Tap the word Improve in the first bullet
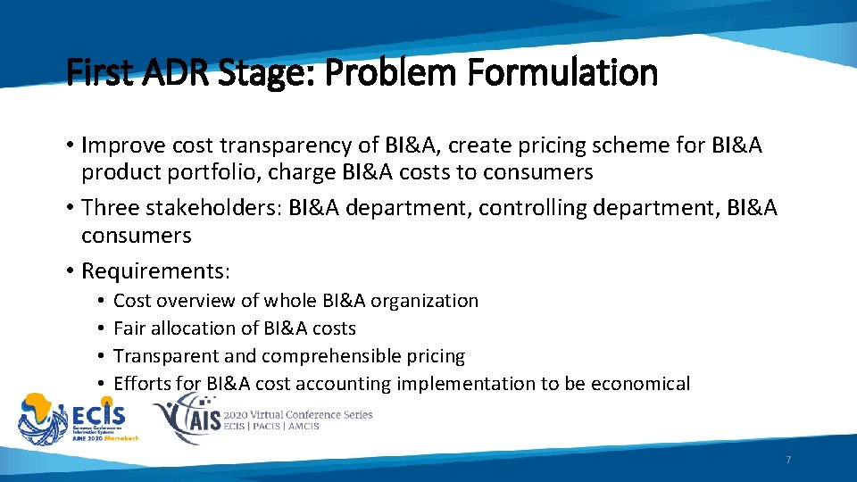[120, 145]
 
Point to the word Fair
[129, 328]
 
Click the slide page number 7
[788, 460]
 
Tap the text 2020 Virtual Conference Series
[299, 414]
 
